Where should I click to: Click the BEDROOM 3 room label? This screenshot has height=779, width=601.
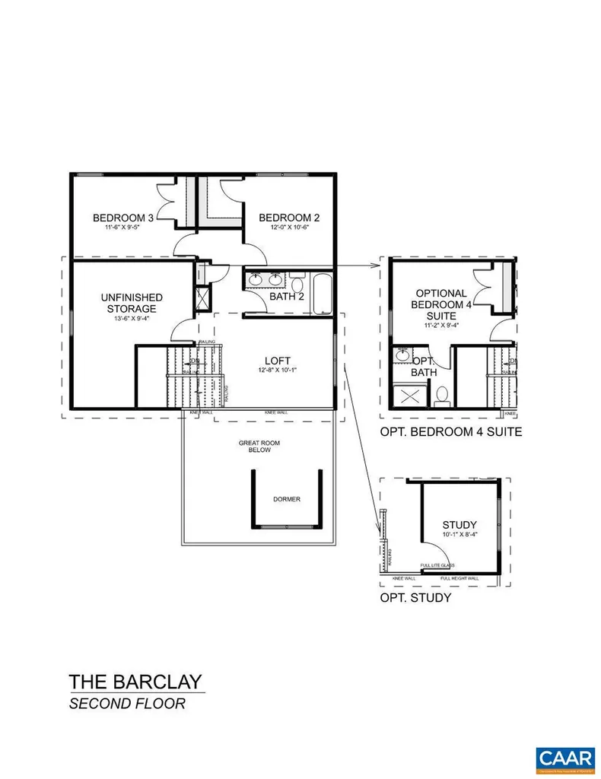123,218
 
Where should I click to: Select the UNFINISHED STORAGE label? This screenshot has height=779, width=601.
132,303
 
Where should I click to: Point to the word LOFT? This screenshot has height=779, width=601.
277,361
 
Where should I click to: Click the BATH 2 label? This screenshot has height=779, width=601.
287,297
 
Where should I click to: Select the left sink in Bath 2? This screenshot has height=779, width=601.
255,279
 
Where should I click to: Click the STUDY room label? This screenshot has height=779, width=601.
459,525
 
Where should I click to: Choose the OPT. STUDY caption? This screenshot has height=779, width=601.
415,598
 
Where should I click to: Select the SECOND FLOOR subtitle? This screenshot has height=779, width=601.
127,704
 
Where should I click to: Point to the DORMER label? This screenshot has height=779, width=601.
287,500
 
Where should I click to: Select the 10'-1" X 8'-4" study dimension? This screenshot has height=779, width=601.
459,536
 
